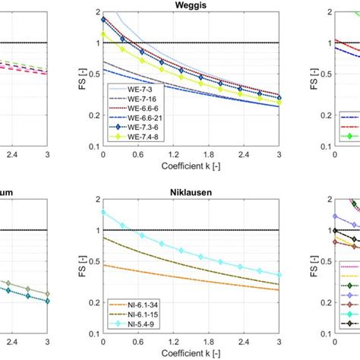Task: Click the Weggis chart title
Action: [x=191, y=5]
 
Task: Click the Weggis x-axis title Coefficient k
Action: [x=191, y=165]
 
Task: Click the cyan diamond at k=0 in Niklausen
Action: [x=103, y=213]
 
